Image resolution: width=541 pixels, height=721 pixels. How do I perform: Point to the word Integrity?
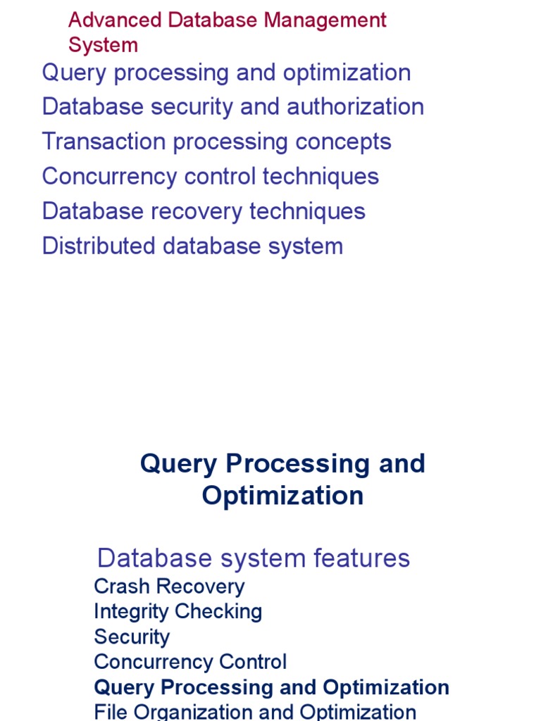click(x=131, y=612)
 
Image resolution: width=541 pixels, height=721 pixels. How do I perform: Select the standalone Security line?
click(x=132, y=637)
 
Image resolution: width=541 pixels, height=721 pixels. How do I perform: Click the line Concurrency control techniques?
click(x=210, y=177)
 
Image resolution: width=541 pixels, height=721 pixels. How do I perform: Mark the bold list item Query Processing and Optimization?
click(x=271, y=687)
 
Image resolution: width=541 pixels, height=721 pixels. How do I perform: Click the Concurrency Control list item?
click(x=190, y=662)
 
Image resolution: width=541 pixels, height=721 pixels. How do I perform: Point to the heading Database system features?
click(x=253, y=558)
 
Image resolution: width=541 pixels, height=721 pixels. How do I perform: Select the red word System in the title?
click(x=103, y=45)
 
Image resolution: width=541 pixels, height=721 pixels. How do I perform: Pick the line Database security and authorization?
click(x=232, y=107)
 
